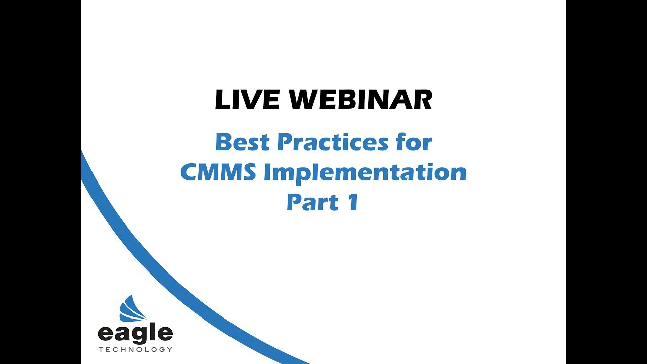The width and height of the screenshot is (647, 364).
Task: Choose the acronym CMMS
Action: [218, 172]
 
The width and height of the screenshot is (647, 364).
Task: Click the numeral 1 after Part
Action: [352, 202]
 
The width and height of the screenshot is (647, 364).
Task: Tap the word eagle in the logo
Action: [135, 334]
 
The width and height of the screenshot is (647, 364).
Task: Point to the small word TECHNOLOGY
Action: [135, 349]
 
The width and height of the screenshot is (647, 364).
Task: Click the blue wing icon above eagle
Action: [132, 309]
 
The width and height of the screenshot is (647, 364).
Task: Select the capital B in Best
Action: [223, 143]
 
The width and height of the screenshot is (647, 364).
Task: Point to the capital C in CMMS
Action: [190, 172]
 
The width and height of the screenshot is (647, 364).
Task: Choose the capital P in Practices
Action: [284, 143]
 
